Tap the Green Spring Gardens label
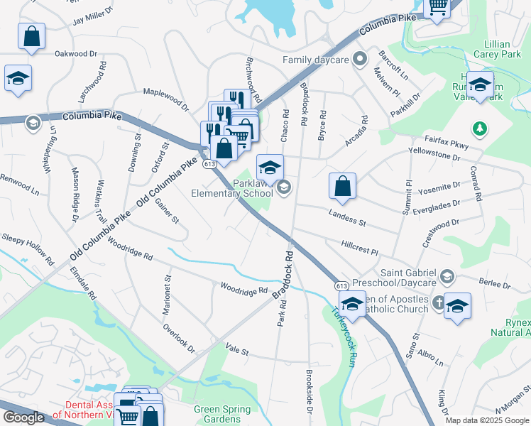pos(222,414)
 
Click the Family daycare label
pos(316,60)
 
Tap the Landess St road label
pos(346,218)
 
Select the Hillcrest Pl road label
pos(360,247)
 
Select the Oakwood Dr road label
pos(75,53)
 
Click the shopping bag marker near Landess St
pos(342,186)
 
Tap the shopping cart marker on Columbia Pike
pos(438,7)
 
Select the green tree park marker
pos(481,128)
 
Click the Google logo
pos(23,417)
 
